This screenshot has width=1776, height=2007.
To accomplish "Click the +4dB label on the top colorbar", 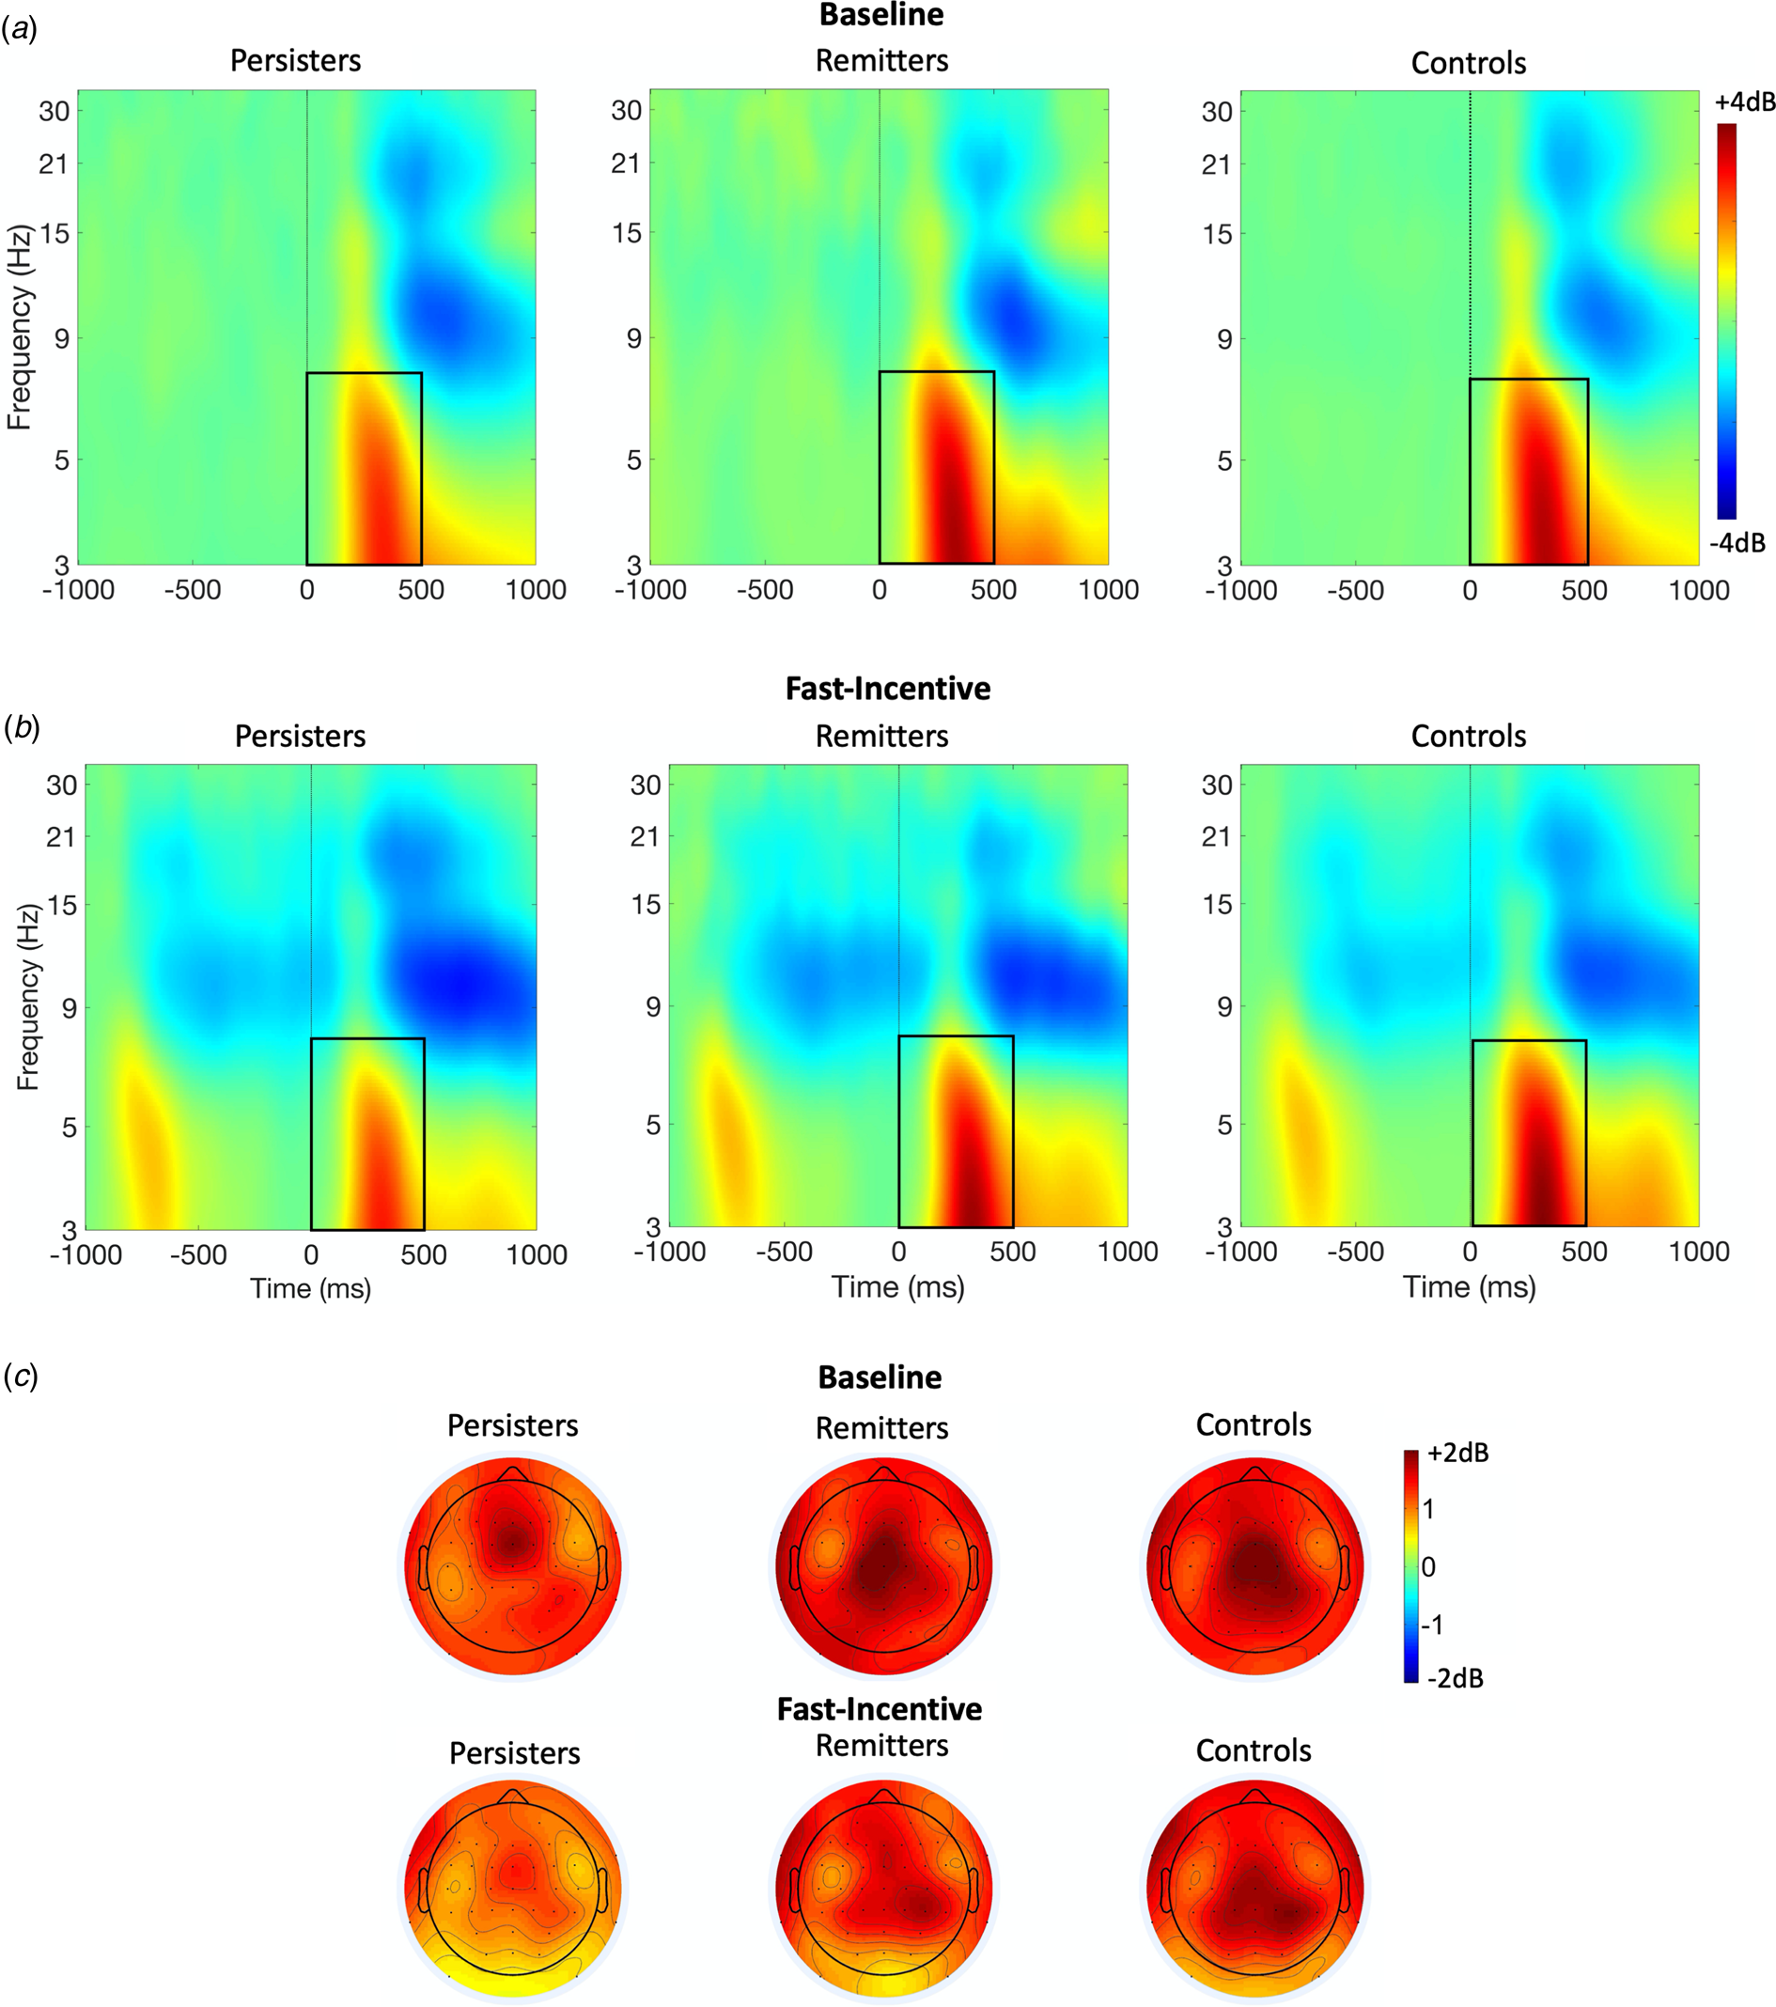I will point(1737,102).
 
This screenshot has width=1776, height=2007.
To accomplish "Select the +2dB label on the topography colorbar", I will point(1457,1454).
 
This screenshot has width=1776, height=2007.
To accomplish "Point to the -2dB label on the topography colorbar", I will point(1455,1678).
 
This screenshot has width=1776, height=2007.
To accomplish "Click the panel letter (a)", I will point(20,29).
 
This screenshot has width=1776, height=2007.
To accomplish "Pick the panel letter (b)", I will point(20,727).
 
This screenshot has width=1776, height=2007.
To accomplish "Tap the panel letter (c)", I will point(20,1377).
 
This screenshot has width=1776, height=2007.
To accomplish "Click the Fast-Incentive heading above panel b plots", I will point(887,689).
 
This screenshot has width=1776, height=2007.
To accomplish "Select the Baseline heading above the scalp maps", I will point(880,1377).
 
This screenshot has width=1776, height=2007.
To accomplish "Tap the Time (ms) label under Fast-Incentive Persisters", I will point(310,1288).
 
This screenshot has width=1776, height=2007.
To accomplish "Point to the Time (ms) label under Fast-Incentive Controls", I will point(1469,1286).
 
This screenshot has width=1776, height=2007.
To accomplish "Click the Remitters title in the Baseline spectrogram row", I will point(881,61).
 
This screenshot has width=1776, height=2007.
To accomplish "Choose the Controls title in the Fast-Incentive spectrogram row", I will point(1468,737).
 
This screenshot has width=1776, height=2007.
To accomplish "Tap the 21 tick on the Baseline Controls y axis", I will point(1216,164).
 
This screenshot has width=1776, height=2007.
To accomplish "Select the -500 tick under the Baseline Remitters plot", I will point(764,590).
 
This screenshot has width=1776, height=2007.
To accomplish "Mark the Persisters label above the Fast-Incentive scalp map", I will point(514,1752).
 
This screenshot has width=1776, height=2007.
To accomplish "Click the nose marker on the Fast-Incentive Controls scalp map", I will point(1254,1796).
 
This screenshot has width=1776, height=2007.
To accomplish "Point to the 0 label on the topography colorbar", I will point(1428,1567).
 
